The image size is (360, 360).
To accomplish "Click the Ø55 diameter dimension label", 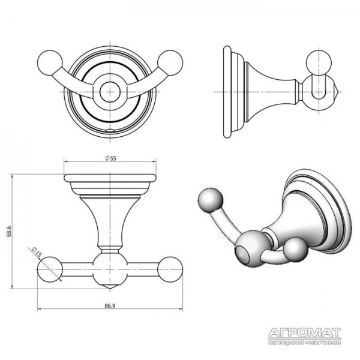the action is (110, 158).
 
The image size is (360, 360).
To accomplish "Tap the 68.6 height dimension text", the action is (9, 231).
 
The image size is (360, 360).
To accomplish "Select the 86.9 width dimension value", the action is (110, 305).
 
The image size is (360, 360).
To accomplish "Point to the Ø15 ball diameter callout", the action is (36, 252).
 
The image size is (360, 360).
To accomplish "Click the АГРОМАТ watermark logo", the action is (305, 336).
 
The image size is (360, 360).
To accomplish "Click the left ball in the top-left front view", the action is (50, 62).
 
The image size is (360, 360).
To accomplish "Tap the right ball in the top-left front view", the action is (170, 62).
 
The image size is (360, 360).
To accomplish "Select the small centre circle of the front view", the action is (110, 92).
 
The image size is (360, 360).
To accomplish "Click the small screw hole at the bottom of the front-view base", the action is (110, 130).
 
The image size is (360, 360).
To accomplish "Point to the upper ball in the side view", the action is (319, 62).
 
